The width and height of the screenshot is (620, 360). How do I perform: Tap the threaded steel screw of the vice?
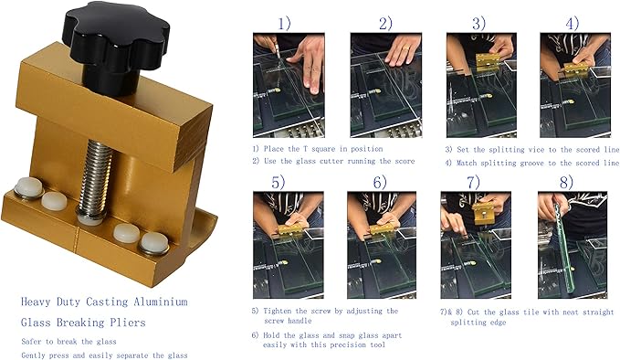click(95, 178)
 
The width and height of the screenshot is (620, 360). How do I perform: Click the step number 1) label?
click(283, 24)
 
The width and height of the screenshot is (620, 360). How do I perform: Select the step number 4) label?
click(572, 24)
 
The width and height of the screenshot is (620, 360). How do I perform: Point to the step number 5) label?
click(278, 183)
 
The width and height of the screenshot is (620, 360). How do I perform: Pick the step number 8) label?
click(566, 183)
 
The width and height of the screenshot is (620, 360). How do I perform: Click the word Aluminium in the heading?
click(161, 302)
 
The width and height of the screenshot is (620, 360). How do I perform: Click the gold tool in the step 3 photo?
click(487, 62)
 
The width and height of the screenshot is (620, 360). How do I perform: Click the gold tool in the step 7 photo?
click(483, 213)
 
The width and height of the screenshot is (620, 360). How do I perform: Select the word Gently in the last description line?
click(33, 355)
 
